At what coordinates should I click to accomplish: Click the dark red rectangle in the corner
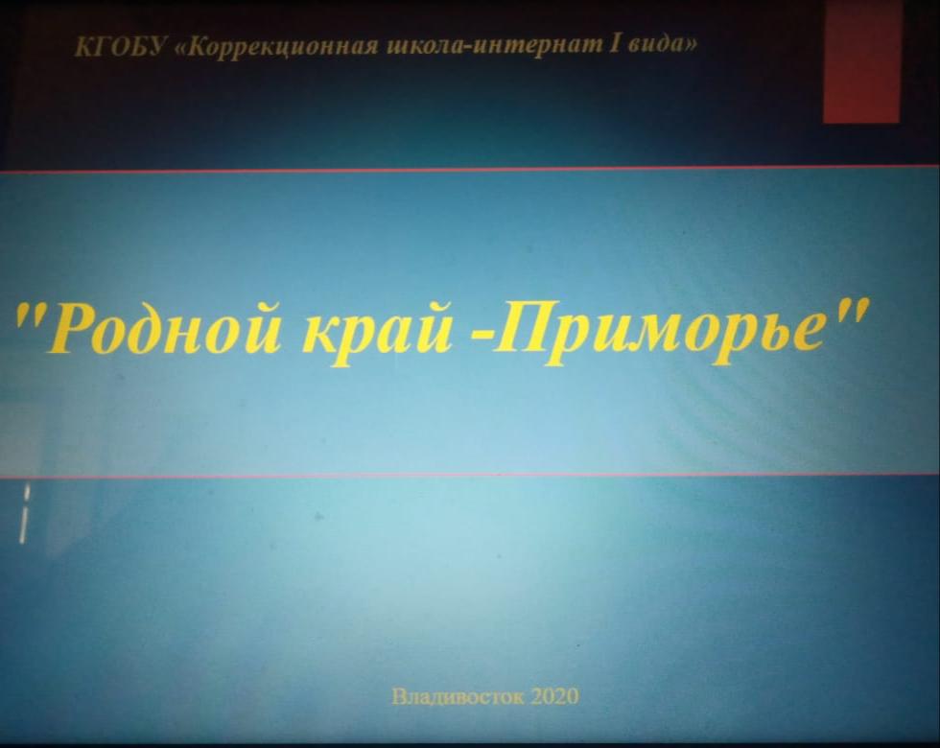pos(861,61)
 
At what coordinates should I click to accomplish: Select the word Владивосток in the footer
pos(458,696)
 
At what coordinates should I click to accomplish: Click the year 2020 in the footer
pos(554,696)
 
